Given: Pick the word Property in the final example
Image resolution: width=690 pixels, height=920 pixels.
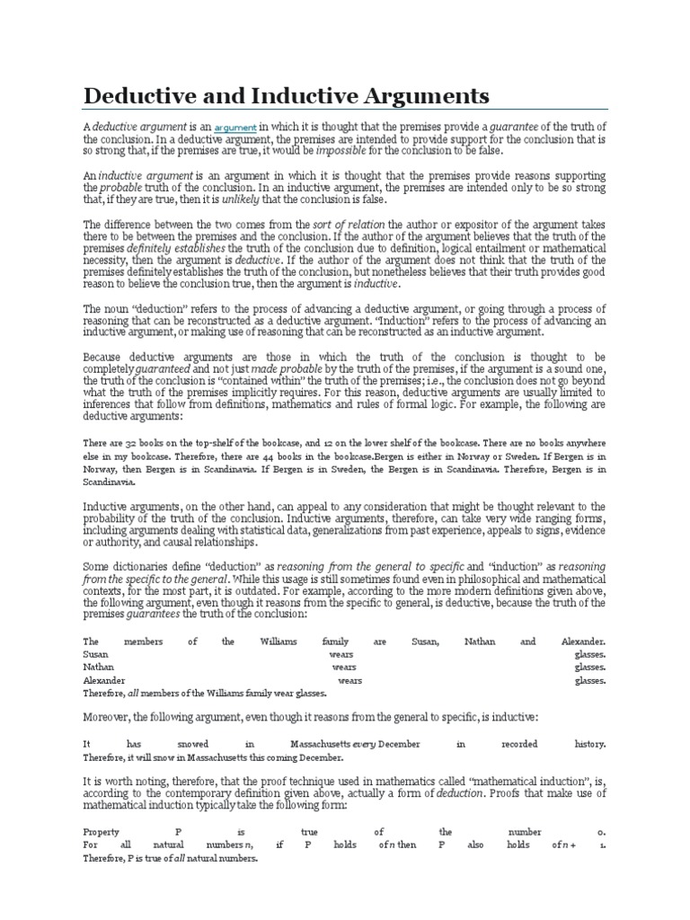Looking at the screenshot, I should click(x=101, y=832).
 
